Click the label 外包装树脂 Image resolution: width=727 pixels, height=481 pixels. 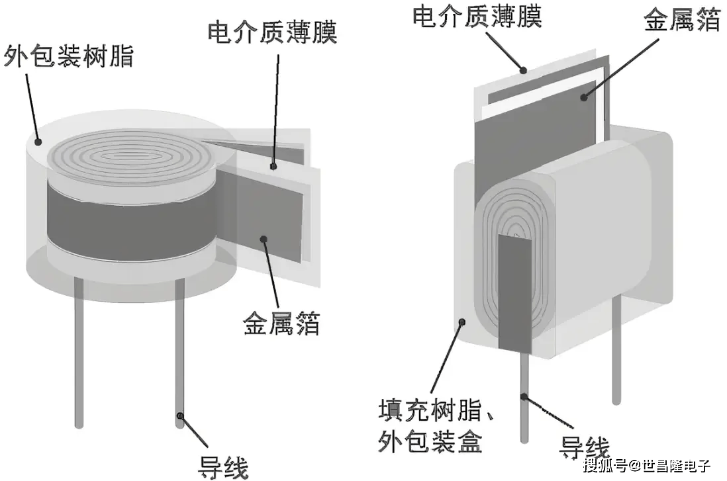click(x=69, y=56)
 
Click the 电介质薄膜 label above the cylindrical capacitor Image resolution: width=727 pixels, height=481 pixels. click(x=272, y=32)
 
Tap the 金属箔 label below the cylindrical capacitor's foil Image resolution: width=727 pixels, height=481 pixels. click(x=281, y=324)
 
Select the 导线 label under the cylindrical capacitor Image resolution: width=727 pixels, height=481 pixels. click(x=224, y=465)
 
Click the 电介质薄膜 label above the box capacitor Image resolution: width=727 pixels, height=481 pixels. click(x=477, y=15)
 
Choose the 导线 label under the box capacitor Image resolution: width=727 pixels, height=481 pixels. click(x=585, y=447)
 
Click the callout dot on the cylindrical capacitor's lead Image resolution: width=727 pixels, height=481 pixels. click(x=179, y=415)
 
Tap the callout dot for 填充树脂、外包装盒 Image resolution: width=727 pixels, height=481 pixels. click(x=463, y=322)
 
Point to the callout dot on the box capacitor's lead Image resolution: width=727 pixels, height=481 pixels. click(x=524, y=397)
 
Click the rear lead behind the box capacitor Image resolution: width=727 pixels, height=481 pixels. click(x=616, y=351)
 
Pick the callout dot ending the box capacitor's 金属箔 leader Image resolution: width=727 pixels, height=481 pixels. click(x=584, y=97)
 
